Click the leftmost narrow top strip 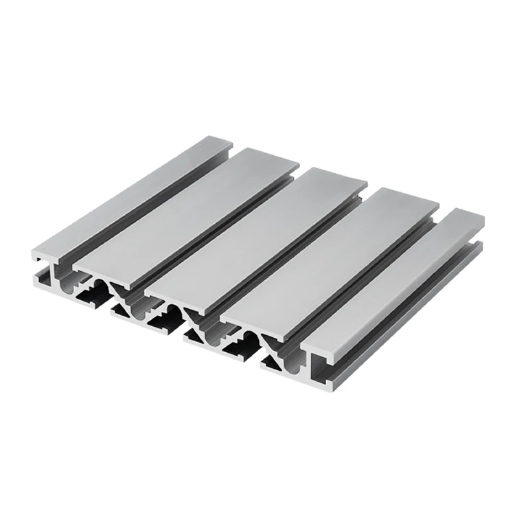130,199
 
